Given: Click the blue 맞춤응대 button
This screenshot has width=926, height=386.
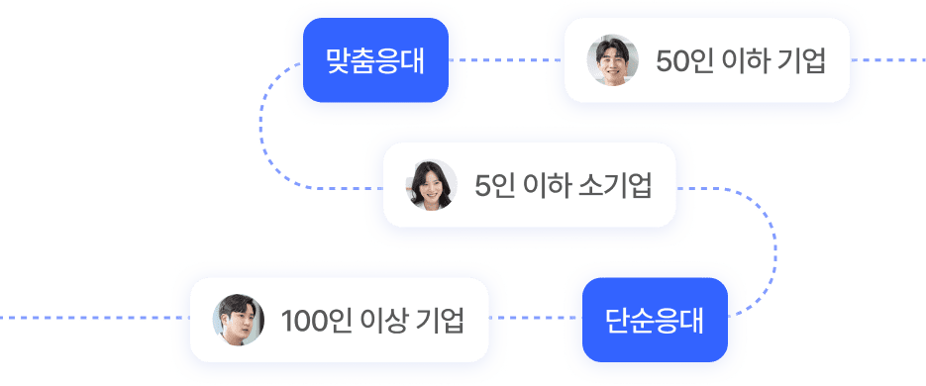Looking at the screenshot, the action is [375, 60].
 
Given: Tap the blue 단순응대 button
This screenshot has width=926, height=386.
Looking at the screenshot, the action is [655, 321].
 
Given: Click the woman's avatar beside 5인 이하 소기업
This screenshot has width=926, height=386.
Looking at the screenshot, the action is [432, 185].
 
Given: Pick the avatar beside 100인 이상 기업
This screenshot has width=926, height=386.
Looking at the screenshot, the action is [240, 321].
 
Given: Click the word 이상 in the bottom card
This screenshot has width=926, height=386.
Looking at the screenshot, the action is [382, 321].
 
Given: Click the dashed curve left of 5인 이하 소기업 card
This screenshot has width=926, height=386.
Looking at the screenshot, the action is [265, 129].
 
